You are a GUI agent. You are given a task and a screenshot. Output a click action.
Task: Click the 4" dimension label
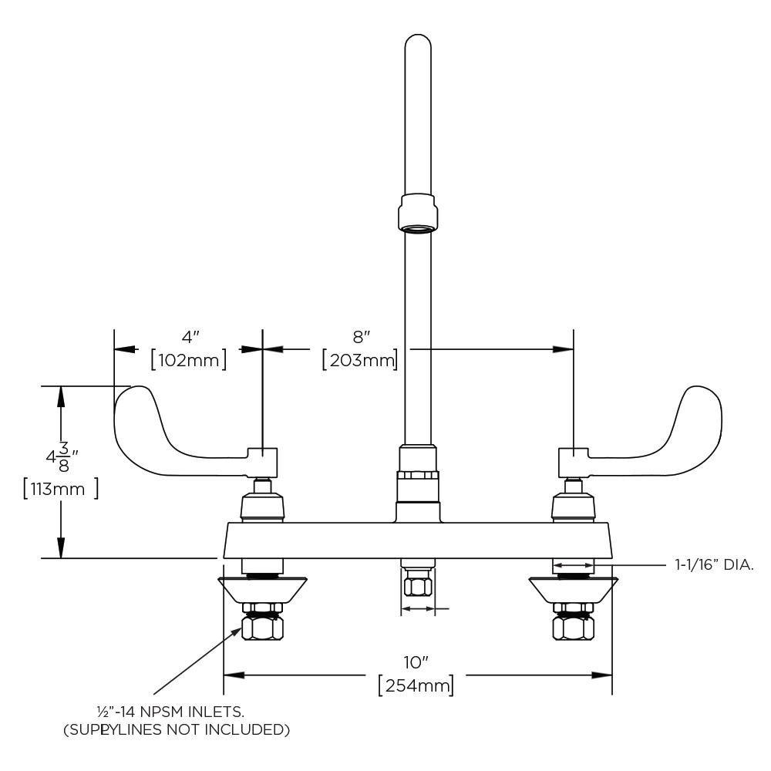point(190,337)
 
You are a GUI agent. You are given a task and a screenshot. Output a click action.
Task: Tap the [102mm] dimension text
point(189,360)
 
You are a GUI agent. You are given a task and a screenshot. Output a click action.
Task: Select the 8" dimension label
point(361,337)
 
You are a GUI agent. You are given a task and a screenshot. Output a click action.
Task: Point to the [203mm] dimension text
point(360,360)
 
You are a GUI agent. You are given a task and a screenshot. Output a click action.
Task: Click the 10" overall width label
point(416,662)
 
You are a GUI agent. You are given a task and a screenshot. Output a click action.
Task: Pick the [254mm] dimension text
point(416,685)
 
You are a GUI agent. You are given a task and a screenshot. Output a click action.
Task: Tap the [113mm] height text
point(60,489)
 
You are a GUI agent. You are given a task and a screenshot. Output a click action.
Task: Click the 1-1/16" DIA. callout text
point(714,565)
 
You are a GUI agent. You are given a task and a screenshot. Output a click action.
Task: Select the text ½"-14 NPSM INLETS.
point(170,711)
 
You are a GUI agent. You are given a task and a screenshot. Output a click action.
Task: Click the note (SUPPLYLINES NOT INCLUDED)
point(177,729)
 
